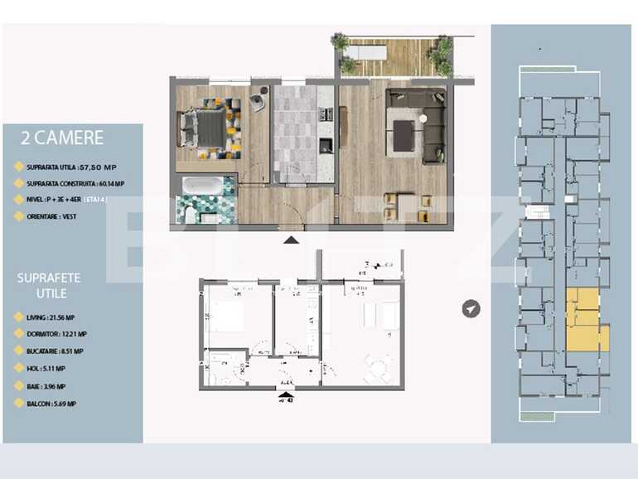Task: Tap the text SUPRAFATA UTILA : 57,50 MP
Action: [75, 167]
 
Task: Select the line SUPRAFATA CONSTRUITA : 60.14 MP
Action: [75, 183]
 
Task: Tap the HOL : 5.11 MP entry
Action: [49, 369]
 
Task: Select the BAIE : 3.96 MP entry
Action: [50, 386]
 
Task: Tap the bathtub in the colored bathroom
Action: [203, 186]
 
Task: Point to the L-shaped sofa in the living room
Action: [428, 124]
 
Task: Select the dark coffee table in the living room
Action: [404, 136]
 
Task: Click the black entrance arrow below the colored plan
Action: [291, 240]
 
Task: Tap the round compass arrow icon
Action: [471, 309]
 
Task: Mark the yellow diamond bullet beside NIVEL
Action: [18, 200]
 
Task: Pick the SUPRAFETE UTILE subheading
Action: [49, 285]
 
